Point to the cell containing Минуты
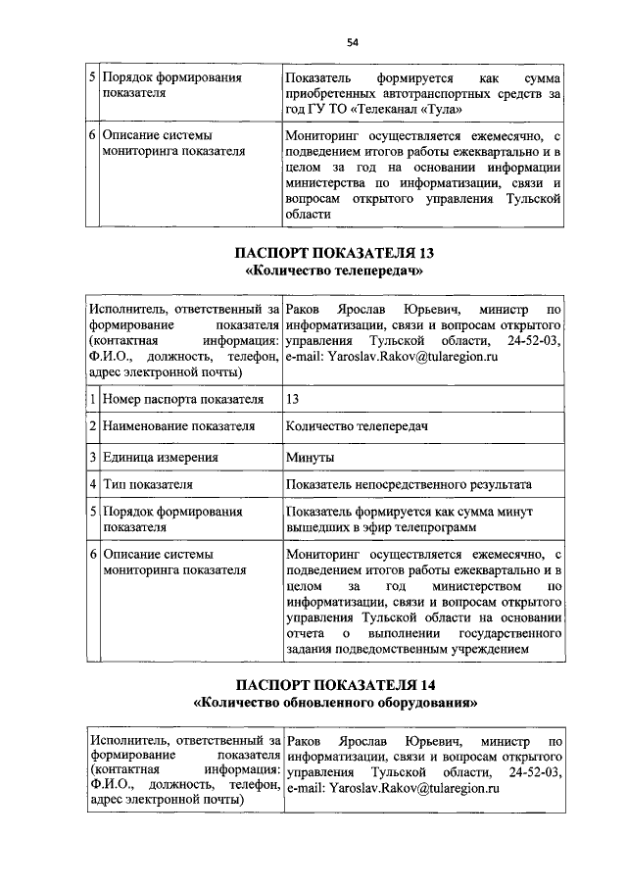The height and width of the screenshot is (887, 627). tap(310, 457)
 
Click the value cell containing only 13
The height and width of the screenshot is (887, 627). tap(293, 400)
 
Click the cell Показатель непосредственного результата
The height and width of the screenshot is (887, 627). tap(409, 484)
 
